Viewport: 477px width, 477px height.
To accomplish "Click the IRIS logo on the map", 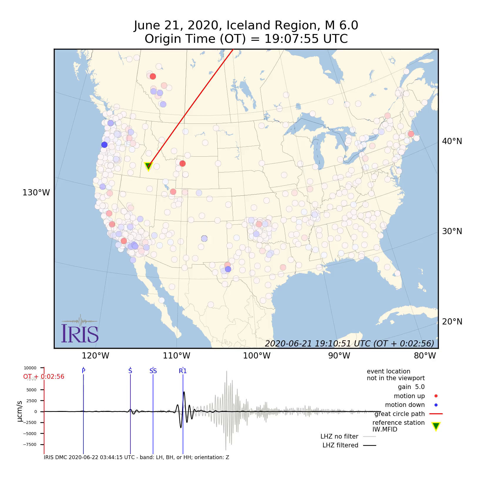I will coord(80,330).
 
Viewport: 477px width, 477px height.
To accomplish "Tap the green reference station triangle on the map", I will coord(148,166).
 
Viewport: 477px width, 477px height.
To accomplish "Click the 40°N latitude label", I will coord(452,141).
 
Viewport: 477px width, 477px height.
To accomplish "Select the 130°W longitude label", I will coord(36,193).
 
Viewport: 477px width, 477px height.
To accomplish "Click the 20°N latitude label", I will coord(452,322).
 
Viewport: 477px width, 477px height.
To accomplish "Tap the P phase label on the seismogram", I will coord(83,371).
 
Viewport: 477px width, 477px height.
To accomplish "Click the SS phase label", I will coord(153,371).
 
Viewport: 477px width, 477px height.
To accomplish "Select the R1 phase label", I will coord(183,371).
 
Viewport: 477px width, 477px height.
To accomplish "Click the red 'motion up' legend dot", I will coord(436,396).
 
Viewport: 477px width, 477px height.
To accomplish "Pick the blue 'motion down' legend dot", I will coord(436,405).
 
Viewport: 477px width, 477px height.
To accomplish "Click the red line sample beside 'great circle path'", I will coord(436,414).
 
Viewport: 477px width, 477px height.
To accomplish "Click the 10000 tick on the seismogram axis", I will coord(30,368).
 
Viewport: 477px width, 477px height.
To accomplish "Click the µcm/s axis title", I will coord(20,411).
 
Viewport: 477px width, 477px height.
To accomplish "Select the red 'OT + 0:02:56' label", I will coord(44,377).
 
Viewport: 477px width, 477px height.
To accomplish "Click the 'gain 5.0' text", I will coord(411,387).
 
